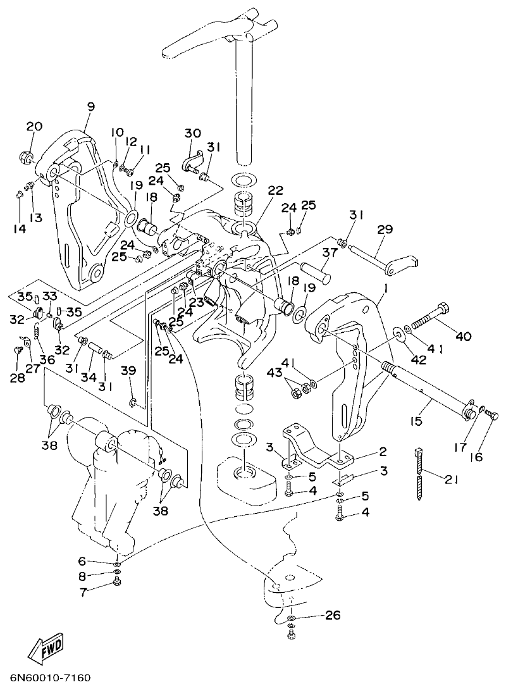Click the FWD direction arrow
coord(46,650)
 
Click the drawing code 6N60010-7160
coord(49,678)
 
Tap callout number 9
coord(91,107)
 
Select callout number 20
coord(34,127)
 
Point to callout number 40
coord(463,336)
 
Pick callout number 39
coord(129,371)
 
